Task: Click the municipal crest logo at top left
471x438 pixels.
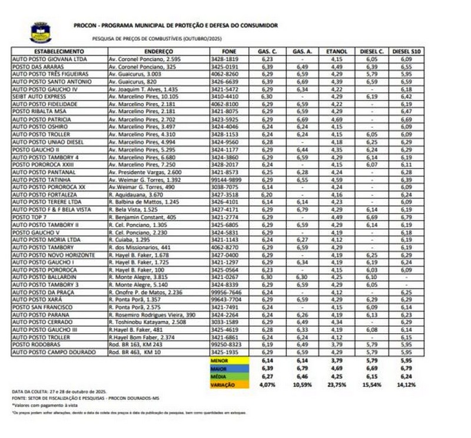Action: (41, 32)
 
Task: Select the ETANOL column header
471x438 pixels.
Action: (336, 52)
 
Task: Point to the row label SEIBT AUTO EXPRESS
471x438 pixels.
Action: (39, 96)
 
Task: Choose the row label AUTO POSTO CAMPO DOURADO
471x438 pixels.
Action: (54, 351)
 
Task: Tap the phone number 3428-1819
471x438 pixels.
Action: (224, 59)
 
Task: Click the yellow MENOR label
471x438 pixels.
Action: (218, 360)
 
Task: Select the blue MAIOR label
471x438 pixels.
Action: (218, 368)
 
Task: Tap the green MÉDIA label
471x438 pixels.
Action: (218, 376)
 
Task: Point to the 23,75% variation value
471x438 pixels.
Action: (336, 384)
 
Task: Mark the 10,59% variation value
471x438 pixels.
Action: (301, 384)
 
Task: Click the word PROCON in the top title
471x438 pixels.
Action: (85, 26)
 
